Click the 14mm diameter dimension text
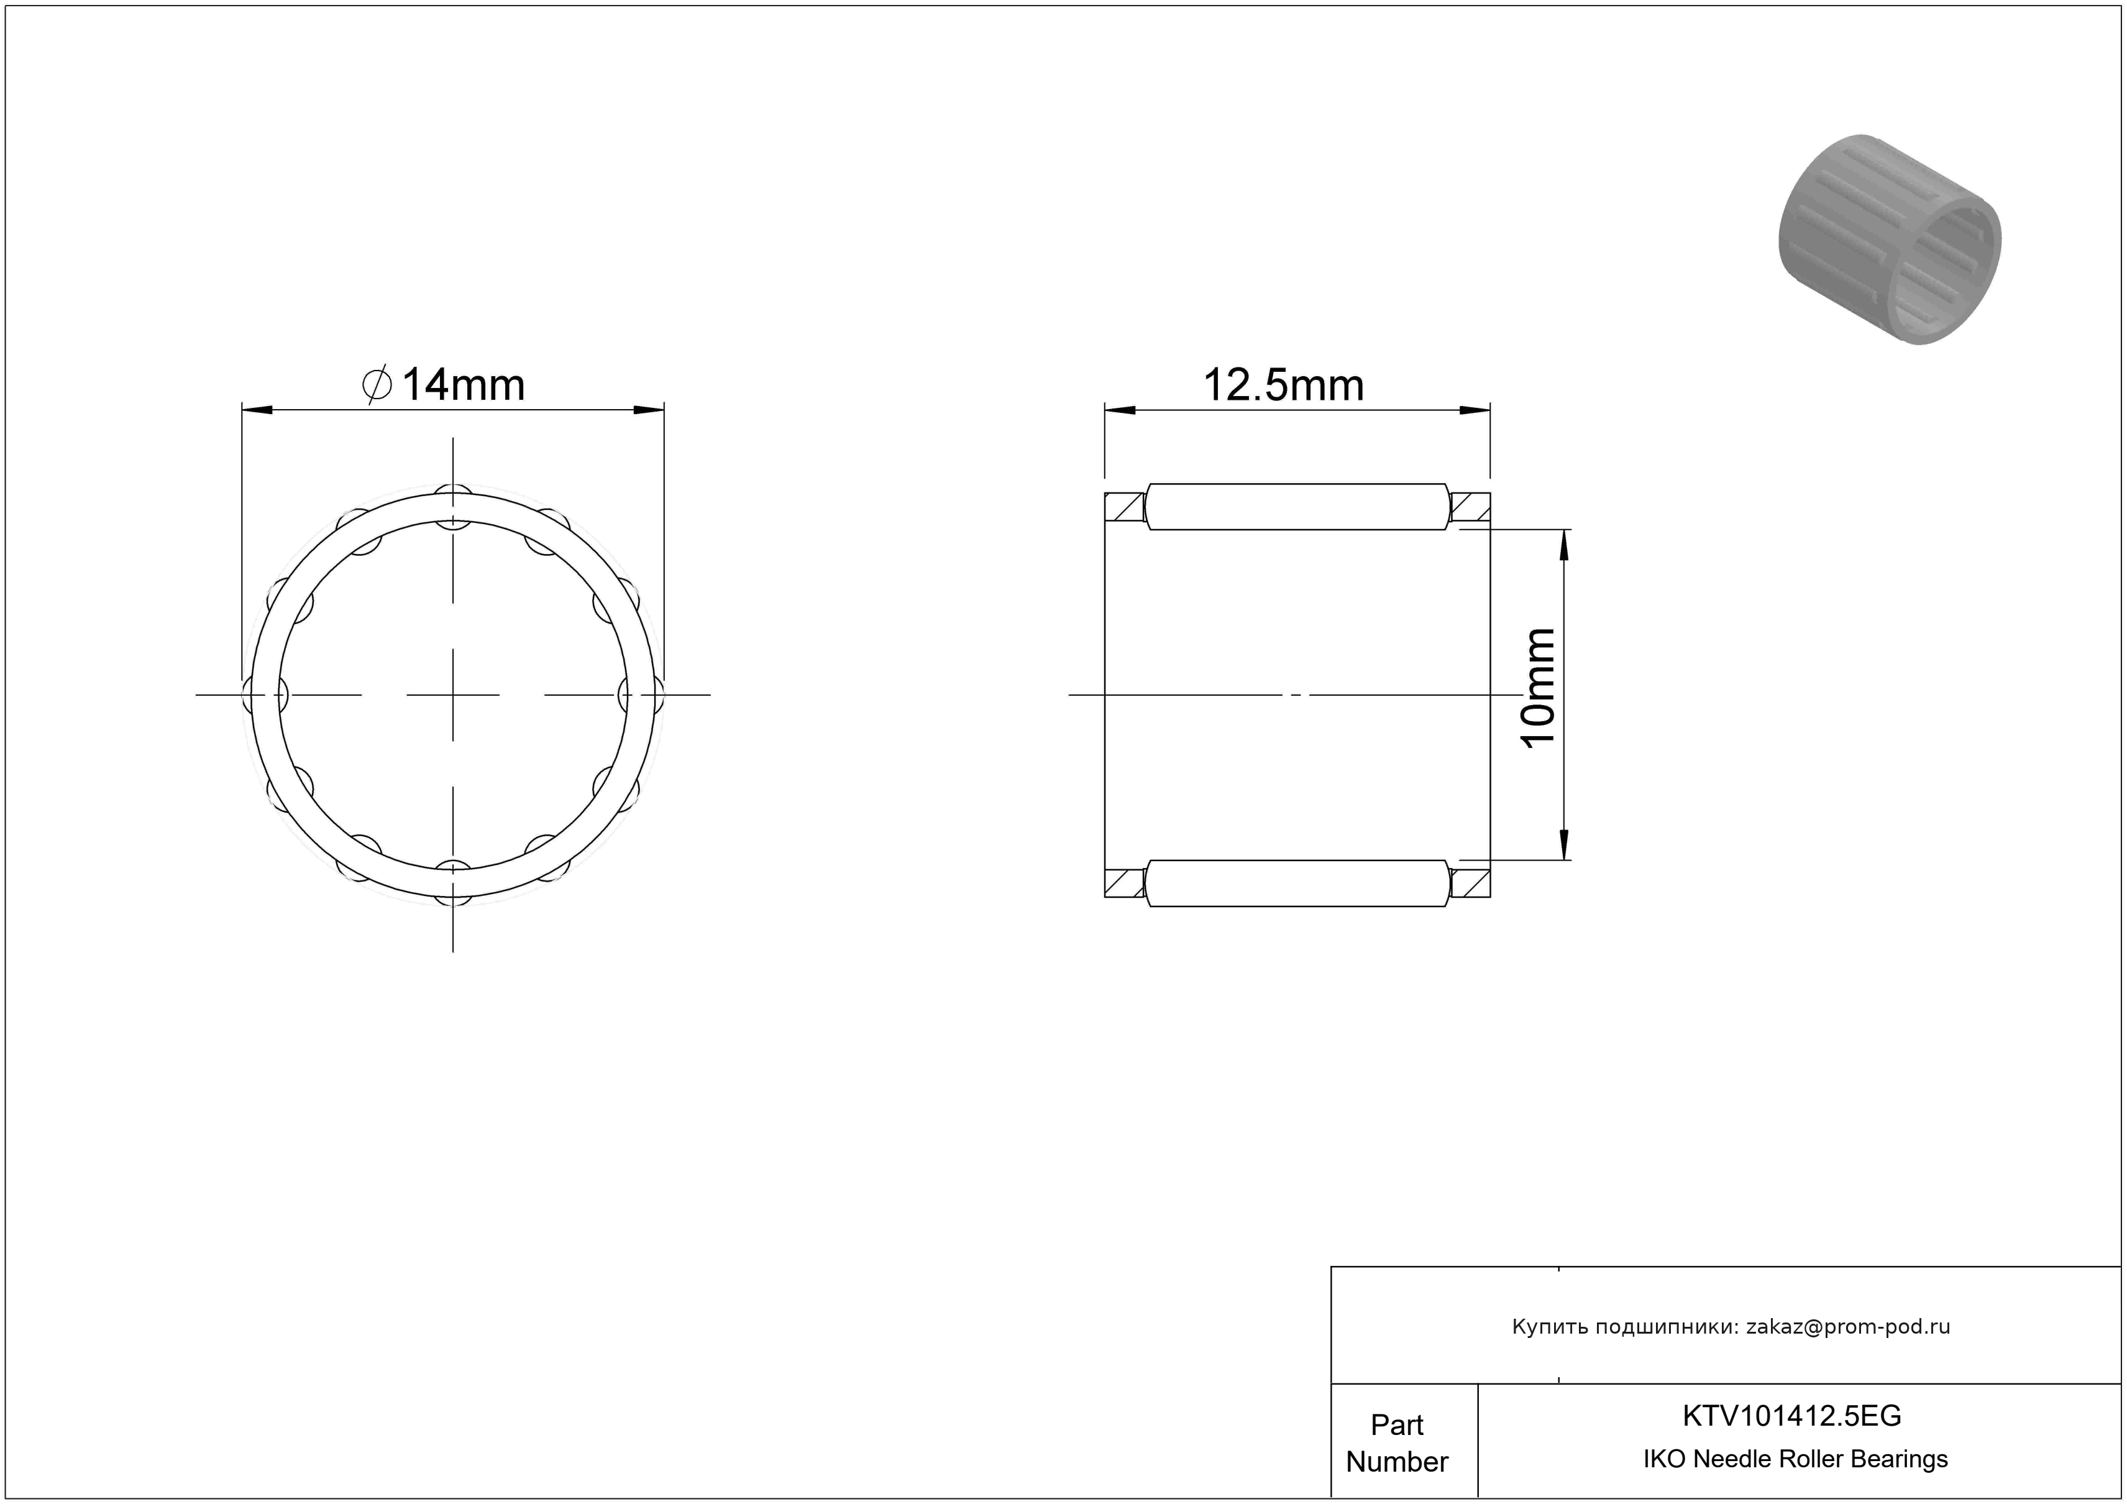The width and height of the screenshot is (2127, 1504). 462,385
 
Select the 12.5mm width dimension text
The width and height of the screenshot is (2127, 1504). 1283,385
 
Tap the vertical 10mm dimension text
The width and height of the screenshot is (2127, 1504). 1539,688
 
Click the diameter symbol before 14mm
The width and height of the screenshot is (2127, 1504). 377,385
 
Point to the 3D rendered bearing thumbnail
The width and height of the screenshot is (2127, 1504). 1890,239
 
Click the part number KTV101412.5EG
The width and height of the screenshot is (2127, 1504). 1791,1415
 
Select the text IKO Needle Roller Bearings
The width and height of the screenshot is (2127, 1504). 1795,1459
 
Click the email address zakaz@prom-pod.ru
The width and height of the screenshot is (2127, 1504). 1848,1326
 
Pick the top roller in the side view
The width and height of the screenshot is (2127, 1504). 1297,507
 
